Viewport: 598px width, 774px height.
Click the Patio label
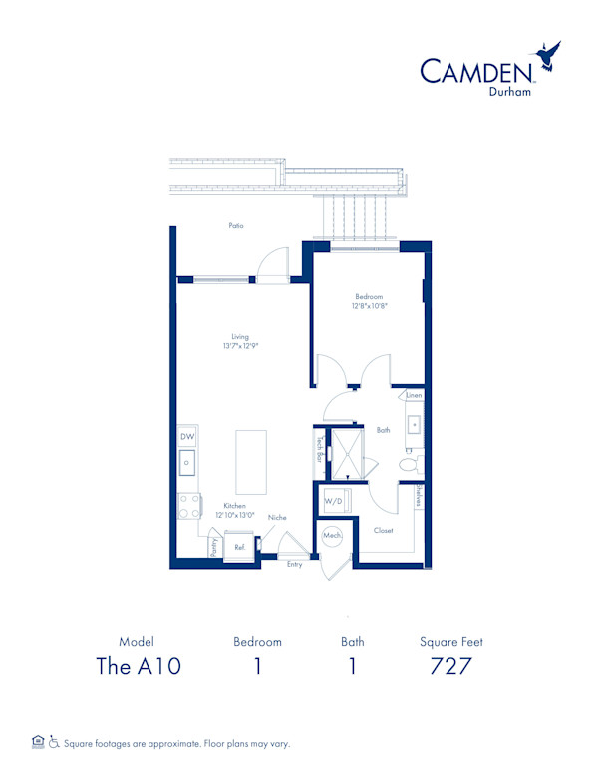(x=235, y=226)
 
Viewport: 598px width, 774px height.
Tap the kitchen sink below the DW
(x=187, y=462)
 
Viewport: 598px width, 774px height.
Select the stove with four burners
(x=187, y=505)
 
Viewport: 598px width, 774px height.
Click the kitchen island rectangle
(x=251, y=461)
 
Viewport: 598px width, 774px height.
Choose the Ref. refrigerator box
(x=239, y=548)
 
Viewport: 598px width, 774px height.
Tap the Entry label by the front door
(x=294, y=565)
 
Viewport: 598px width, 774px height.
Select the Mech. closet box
(x=332, y=537)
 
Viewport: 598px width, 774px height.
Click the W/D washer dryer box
(x=333, y=500)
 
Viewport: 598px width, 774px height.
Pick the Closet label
(x=384, y=531)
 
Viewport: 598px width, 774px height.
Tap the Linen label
(x=414, y=396)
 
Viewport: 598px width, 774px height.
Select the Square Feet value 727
(x=450, y=667)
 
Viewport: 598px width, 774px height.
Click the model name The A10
(x=138, y=667)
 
